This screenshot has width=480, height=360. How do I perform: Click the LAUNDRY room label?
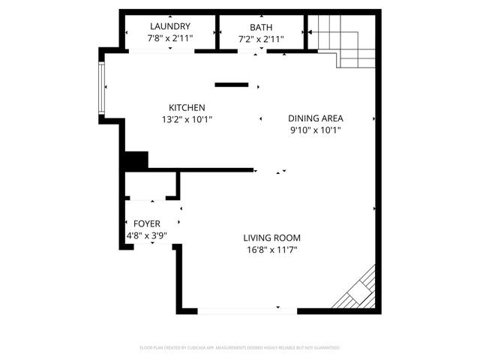click(x=169, y=26)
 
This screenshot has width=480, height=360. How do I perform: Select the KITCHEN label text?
click(x=187, y=107)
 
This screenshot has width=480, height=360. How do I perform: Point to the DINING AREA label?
click(x=316, y=118)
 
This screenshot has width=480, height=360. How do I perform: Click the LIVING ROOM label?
click(x=271, y=238)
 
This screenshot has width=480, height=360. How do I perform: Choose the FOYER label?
click(x=146, y=223)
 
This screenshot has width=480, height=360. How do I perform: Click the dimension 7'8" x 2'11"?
click(x=169, y=38)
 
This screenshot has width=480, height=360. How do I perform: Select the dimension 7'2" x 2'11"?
click(x=261, y=38)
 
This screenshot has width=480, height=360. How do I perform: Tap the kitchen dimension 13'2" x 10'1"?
click(x=187, y=118)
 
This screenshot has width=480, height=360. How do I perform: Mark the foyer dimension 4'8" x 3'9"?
click(x=146, y=235)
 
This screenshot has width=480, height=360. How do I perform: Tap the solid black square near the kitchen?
click(x=136, y=160)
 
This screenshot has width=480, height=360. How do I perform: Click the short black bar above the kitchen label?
click(x=231, y=84)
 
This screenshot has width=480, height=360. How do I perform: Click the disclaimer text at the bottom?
click(x=240, y=348)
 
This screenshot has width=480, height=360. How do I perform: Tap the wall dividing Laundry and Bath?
click(x=217, y=32)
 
